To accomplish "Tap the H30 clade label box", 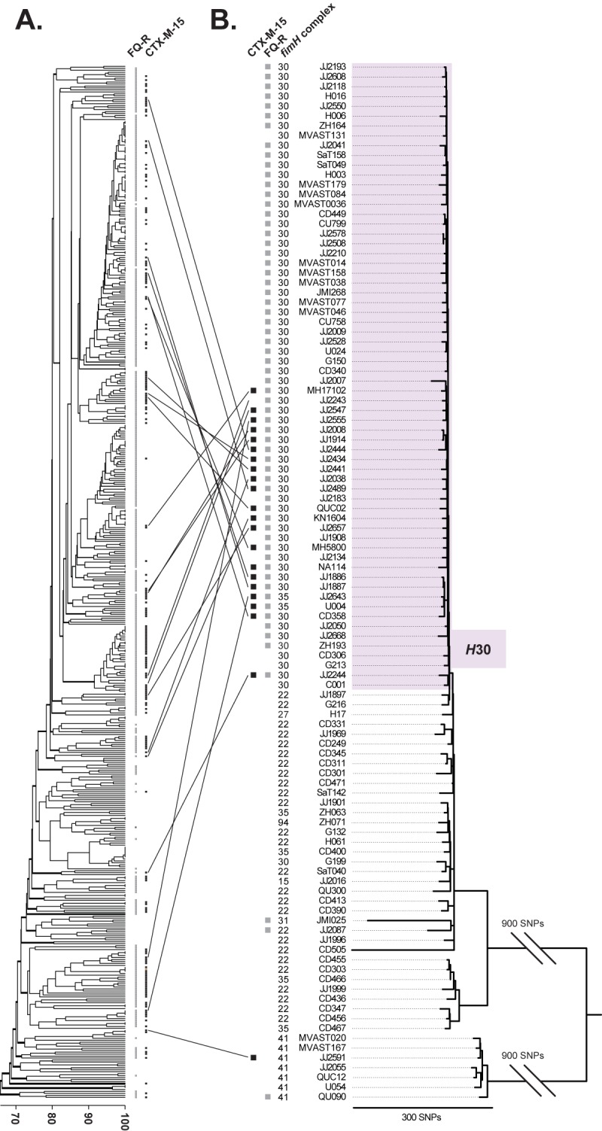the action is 478,649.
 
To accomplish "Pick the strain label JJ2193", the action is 332,67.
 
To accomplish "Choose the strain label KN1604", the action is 330,518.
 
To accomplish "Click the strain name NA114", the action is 332,567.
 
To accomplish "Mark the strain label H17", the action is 336,714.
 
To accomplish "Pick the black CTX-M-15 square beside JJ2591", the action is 254,1057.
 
